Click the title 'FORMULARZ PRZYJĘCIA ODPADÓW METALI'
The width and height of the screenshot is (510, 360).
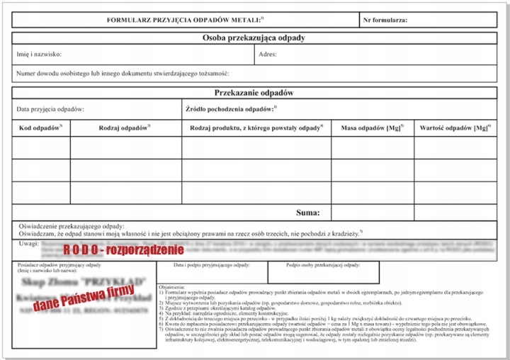pos(184,20)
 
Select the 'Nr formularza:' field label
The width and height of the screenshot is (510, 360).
pos(385,20)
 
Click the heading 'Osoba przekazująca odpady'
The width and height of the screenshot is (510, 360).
pos(254,38)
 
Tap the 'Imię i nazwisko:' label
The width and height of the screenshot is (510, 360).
pos(38,54)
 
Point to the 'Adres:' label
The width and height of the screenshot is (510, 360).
pos(268,54)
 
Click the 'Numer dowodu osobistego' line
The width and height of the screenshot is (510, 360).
pos(121,73)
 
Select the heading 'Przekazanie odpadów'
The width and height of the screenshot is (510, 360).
pos(254,93)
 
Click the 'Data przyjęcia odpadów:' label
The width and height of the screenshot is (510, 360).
pos(50,109)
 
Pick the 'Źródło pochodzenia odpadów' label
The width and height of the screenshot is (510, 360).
pos(231,109)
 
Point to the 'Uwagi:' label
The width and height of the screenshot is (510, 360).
pos(28,243)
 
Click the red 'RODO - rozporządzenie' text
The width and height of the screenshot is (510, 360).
pos(123,249)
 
